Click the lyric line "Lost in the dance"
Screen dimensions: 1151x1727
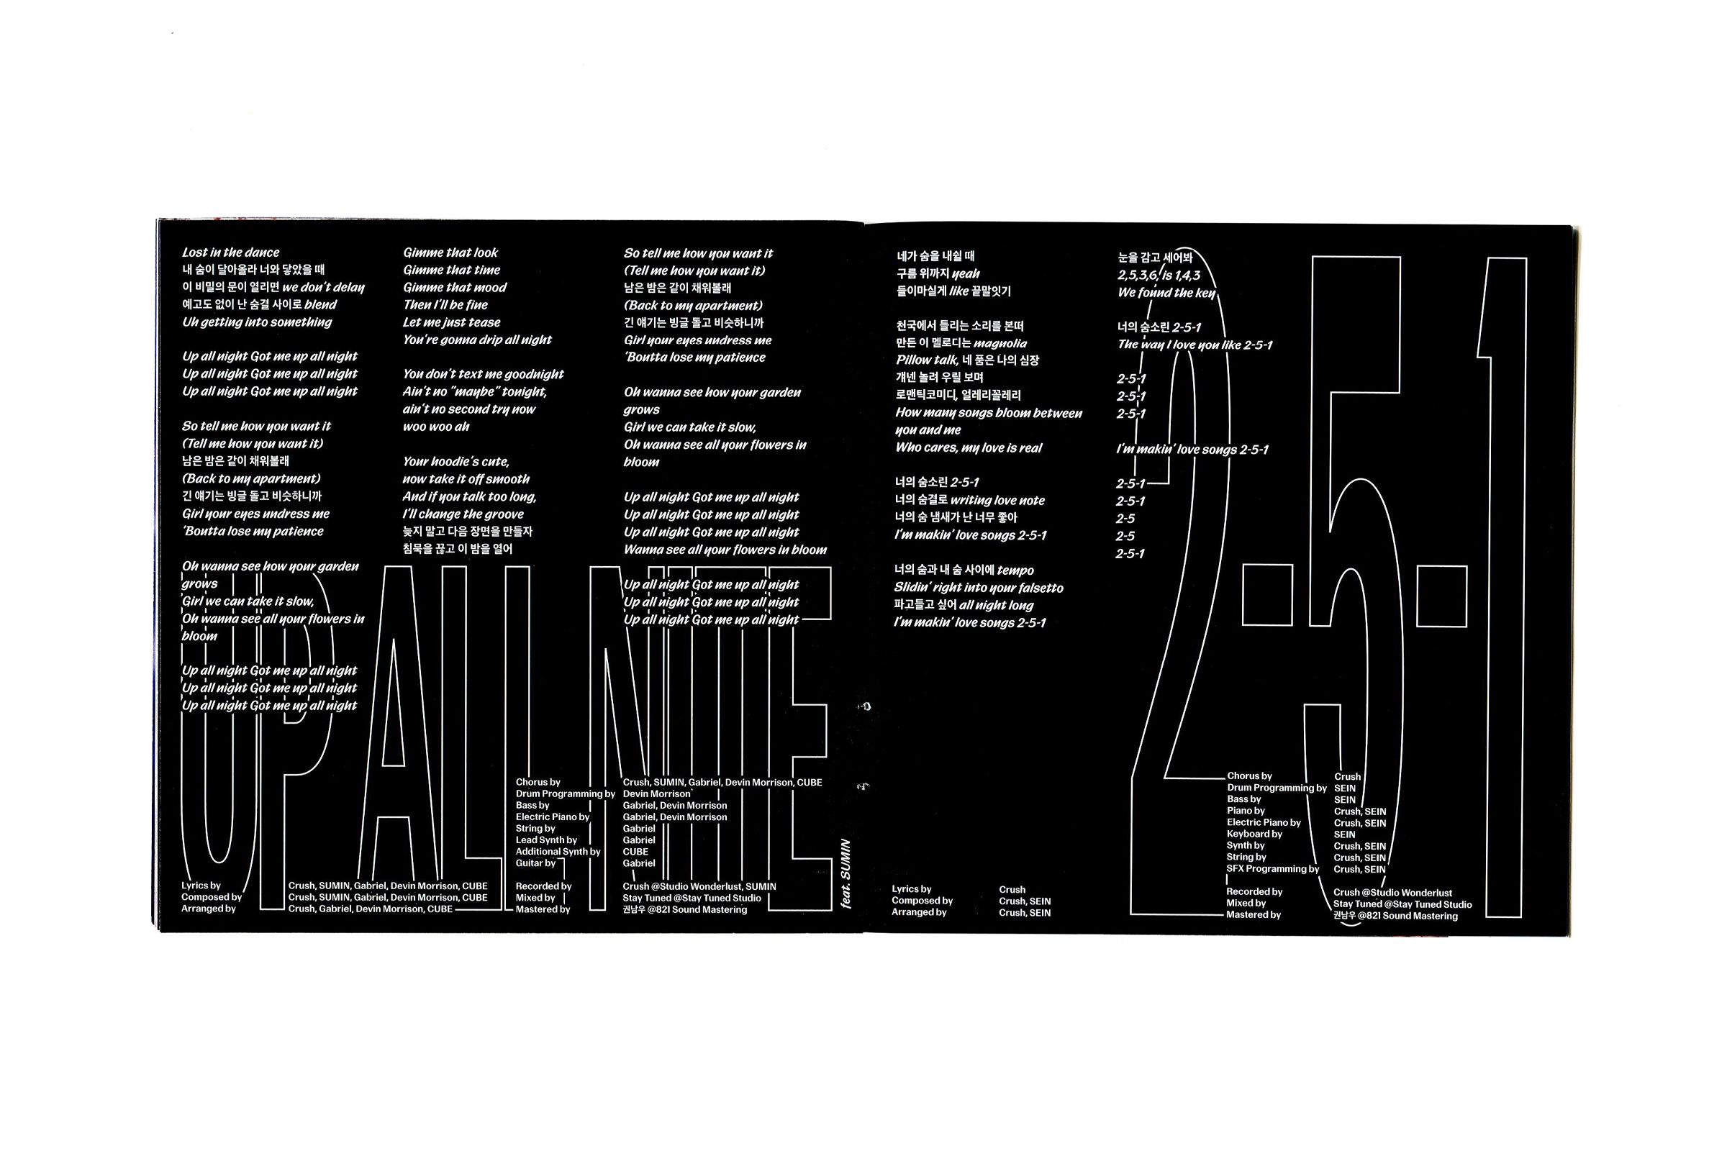click(230, 253)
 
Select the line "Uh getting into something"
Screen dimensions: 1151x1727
click(257, 322)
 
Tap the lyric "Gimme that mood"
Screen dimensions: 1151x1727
click(455, 288)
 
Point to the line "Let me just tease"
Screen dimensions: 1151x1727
click(452, 322)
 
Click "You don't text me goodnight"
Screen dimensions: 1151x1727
click(483, 374)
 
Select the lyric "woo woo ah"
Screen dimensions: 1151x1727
click(436, 427)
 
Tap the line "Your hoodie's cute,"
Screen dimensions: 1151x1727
click(456, 462)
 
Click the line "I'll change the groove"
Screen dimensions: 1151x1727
click(463, 514)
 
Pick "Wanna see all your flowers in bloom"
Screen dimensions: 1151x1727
click(725, 550)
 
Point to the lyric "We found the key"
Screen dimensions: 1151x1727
click(1166, 293)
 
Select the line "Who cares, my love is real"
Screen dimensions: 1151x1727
click(969, 447)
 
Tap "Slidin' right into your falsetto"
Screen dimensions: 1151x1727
click(978, 588)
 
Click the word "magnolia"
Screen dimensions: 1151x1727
click(1000, 344)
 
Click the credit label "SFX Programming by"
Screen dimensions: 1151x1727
click(1272, 869)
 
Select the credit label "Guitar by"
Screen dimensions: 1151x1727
click(535, 863)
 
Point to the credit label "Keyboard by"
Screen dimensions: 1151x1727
click(1254, 834)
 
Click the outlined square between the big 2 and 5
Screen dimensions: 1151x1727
click(1266, 595)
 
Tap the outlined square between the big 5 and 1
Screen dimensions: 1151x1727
click(1441, 596)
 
